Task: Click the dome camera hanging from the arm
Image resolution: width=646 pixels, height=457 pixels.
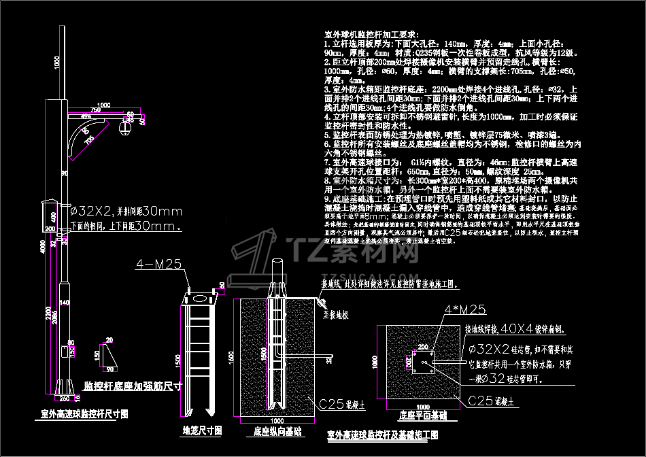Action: tap(126, 127)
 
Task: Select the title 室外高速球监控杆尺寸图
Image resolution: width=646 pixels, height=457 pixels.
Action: tap(84, 413)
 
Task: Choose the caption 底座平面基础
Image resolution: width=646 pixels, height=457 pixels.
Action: tap(423, 413)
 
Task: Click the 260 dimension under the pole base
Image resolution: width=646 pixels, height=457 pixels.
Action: tap(65, 398)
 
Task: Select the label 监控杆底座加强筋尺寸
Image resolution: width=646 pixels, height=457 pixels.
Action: tap(132, 386)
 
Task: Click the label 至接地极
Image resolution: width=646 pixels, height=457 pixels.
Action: tap(336, 315)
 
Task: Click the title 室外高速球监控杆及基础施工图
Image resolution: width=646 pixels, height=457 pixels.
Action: tap(383, 434)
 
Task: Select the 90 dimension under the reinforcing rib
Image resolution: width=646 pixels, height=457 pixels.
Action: tap(110, 369)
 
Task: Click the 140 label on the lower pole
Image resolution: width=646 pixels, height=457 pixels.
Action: tap(65, 302)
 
